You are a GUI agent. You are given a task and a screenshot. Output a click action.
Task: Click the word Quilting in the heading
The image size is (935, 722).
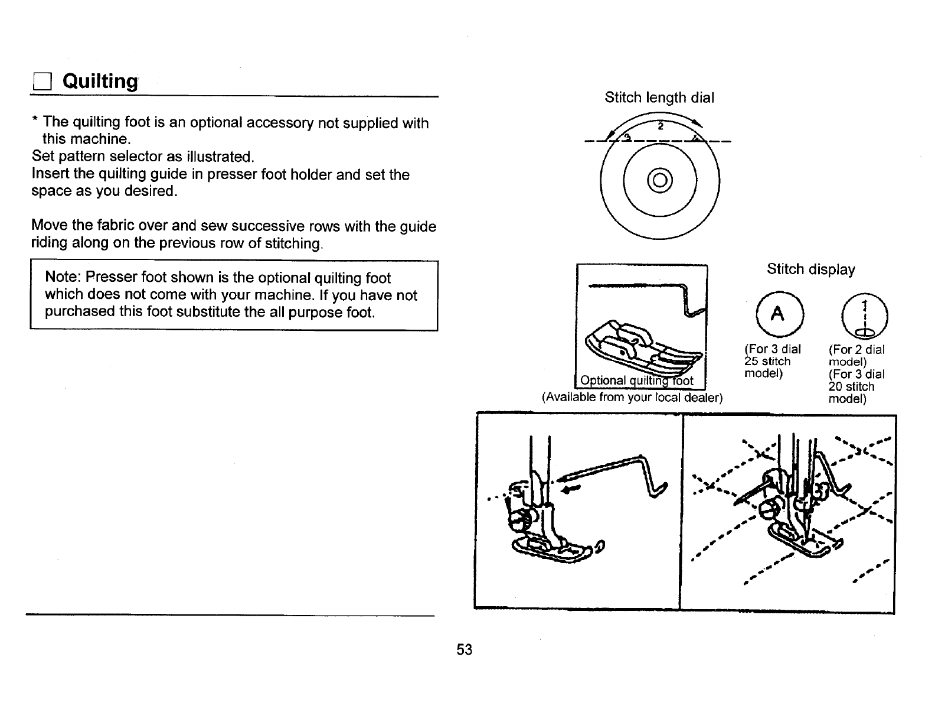[100, 81]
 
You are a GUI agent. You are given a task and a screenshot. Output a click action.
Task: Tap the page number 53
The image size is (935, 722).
[465, 650]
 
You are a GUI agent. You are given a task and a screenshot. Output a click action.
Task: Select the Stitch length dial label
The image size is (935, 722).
[659, 97]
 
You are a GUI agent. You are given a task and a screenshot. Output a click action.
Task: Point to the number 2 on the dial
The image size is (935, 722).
[661, 127]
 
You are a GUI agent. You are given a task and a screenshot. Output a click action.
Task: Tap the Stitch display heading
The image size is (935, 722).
[810, 269]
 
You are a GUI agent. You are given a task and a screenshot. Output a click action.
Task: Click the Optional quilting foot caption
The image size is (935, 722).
[637, 380]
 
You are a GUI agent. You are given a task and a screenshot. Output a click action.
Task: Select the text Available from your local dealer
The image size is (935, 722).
[632, 397]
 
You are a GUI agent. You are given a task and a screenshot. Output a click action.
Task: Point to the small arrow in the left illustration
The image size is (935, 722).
[571, 489]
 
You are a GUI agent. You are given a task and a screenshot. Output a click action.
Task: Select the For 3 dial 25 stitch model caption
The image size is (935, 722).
[772, 361]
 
